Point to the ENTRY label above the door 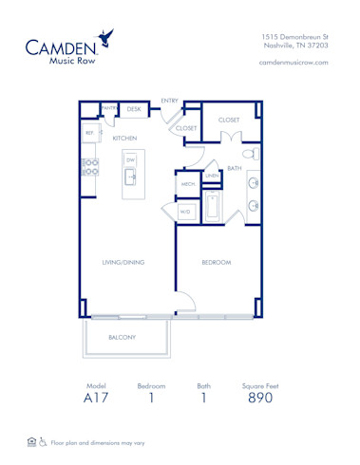170,100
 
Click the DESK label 134,110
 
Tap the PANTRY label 109,109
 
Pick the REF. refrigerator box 90,134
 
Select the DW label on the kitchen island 131,160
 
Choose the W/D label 185,213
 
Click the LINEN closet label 212,176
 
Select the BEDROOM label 216,262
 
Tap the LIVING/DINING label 123,262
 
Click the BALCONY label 122,337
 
